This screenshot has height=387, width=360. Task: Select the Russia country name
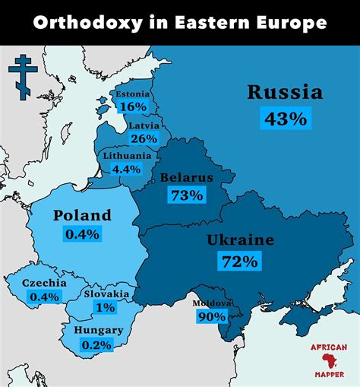click(285, 93)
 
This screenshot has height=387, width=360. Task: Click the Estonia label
click(132, 94)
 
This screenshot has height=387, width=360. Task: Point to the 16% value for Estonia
click(132, 107)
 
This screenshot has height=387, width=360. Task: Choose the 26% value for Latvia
click(144, 138)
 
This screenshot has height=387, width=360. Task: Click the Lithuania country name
click(127, 155)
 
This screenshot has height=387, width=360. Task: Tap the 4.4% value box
click(127, 169)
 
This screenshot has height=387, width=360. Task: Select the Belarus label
click(187, 178)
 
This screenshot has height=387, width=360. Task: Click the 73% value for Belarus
click(187, 195)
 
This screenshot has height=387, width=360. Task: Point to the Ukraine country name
click(240, 241)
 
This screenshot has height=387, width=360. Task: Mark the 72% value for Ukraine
click(240, 262)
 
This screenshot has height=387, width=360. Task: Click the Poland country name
click(82, 216)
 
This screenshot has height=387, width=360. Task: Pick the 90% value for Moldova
click(212, 316)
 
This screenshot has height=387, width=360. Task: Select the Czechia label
click(44, 283)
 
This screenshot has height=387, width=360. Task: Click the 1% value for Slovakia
click(106, 307)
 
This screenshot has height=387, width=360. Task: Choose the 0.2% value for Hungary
click(96, 344)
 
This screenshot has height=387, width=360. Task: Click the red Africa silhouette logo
click(329, 359)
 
